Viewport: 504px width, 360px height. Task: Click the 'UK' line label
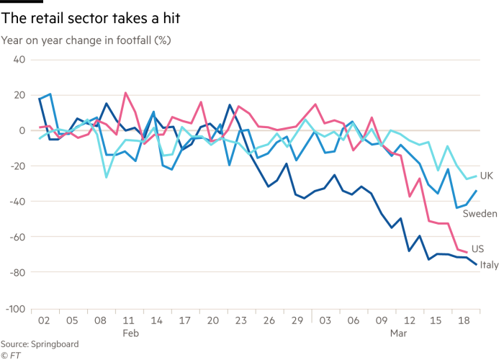pos(486,176)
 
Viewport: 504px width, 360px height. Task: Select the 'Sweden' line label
pos(479,214)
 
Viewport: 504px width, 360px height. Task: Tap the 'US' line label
pos(477,249)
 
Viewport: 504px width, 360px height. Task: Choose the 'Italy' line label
pos(490,265)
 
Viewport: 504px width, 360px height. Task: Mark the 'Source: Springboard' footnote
pos(39,345)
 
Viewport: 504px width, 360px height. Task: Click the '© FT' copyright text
pos(10,355)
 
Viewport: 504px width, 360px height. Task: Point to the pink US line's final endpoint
pos(467,252)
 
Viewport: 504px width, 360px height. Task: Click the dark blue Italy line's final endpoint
pos(477,265)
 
